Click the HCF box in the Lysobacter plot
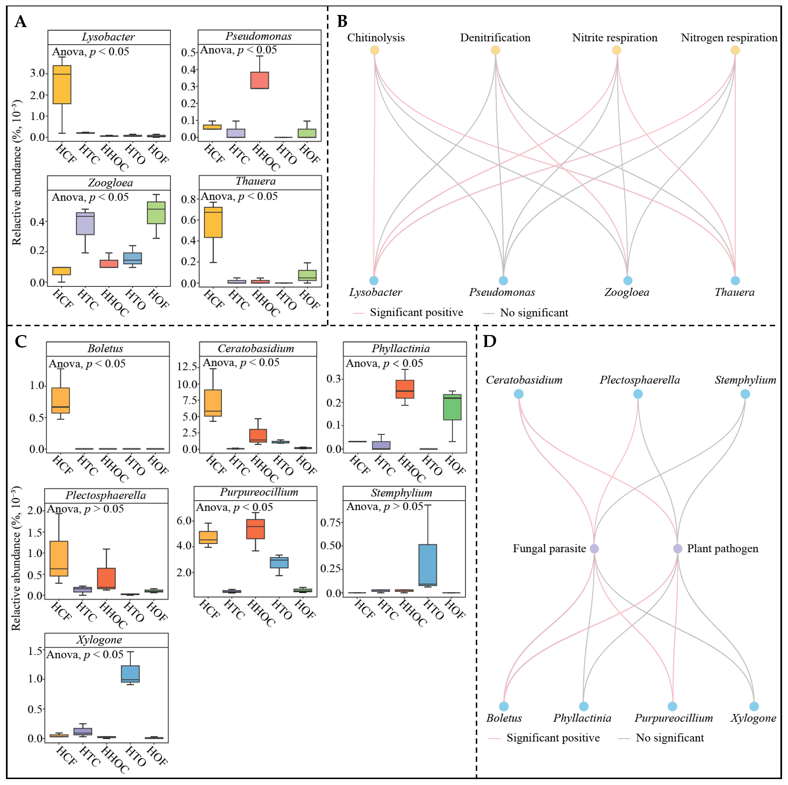[x=62, y=85]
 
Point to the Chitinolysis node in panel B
[x=374, y=50]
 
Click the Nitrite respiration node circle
[x=616, y=50]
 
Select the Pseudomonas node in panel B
[x=503, y=280]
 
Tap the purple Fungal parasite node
[x=594, y=549]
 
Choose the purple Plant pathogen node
[x=678, y=549]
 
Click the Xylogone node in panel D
[x=754, y=706]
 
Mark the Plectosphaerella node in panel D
[x=638, y=394]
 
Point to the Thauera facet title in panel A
[x=256, y=181]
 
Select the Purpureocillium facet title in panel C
[x=259, y=492]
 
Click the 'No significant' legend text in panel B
[x=534, y=313]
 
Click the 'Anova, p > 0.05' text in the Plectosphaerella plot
[x=85, y=509]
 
